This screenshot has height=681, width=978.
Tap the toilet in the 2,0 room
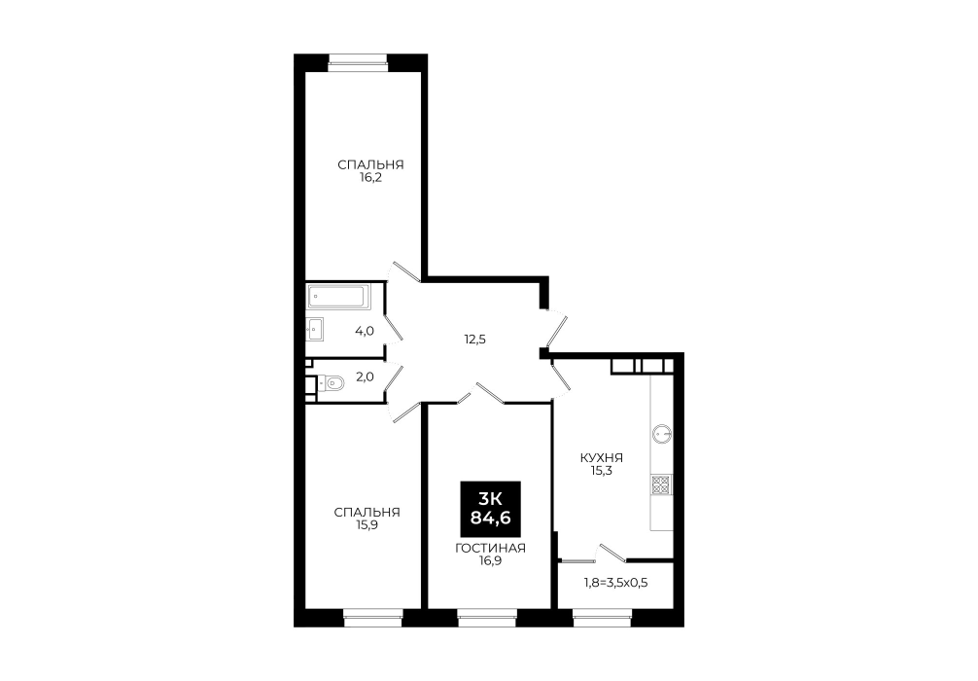pos(332,382)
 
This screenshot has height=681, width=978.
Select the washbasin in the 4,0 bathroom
pos(315,328)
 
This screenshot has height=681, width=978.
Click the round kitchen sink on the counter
pos(661,432)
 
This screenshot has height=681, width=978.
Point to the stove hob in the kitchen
pos(661,484)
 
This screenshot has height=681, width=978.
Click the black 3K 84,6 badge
pos(490,509)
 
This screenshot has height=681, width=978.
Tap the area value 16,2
pos(370,177)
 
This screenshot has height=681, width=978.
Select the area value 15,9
pos(367,525)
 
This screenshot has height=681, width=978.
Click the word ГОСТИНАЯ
pos(490,548)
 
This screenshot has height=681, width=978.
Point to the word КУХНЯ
pos(601,457)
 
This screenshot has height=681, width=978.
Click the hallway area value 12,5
pos(474,340)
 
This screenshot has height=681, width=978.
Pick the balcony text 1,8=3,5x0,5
pos(615,583)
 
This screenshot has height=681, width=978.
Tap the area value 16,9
pos(490,560)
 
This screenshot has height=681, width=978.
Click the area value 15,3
pos(601,471)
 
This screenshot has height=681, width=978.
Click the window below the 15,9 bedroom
pos(372,621)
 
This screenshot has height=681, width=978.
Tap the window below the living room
pos(487,621)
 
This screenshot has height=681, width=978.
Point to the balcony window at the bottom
pos(602,621)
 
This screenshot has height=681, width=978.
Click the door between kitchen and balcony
pos(612,553)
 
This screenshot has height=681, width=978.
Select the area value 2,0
pos(365,376)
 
